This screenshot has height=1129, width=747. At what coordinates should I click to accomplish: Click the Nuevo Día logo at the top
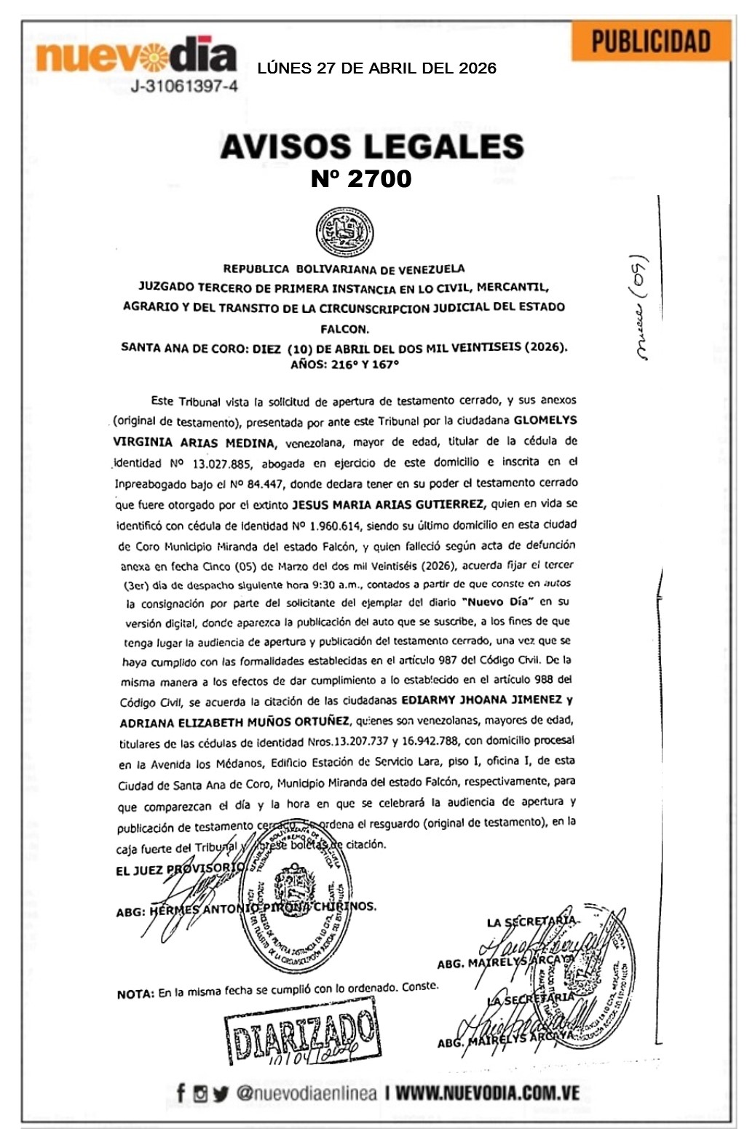[x=136, y=55]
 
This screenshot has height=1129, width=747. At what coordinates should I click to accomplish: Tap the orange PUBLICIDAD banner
[x=650, y=41]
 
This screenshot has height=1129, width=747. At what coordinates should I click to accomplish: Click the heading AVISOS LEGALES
[x=371, y=146]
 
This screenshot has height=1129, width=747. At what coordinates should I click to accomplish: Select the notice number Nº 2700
[x=361, y=178]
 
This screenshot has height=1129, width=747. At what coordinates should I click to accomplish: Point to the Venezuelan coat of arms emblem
[x=344, y=232]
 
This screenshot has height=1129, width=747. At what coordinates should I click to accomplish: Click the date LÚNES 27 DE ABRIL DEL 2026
[x=376, y=68]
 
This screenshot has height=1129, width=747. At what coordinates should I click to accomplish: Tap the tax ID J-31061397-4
[x=183, y=87]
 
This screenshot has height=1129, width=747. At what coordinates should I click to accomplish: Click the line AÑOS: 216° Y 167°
[x=345, y=365]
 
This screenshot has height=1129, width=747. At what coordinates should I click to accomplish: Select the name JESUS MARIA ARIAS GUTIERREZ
[x=387, y=504]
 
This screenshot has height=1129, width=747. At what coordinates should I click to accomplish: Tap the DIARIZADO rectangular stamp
[x=302, y=1036]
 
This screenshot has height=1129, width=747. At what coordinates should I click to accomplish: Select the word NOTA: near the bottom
[x=135, y=994]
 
